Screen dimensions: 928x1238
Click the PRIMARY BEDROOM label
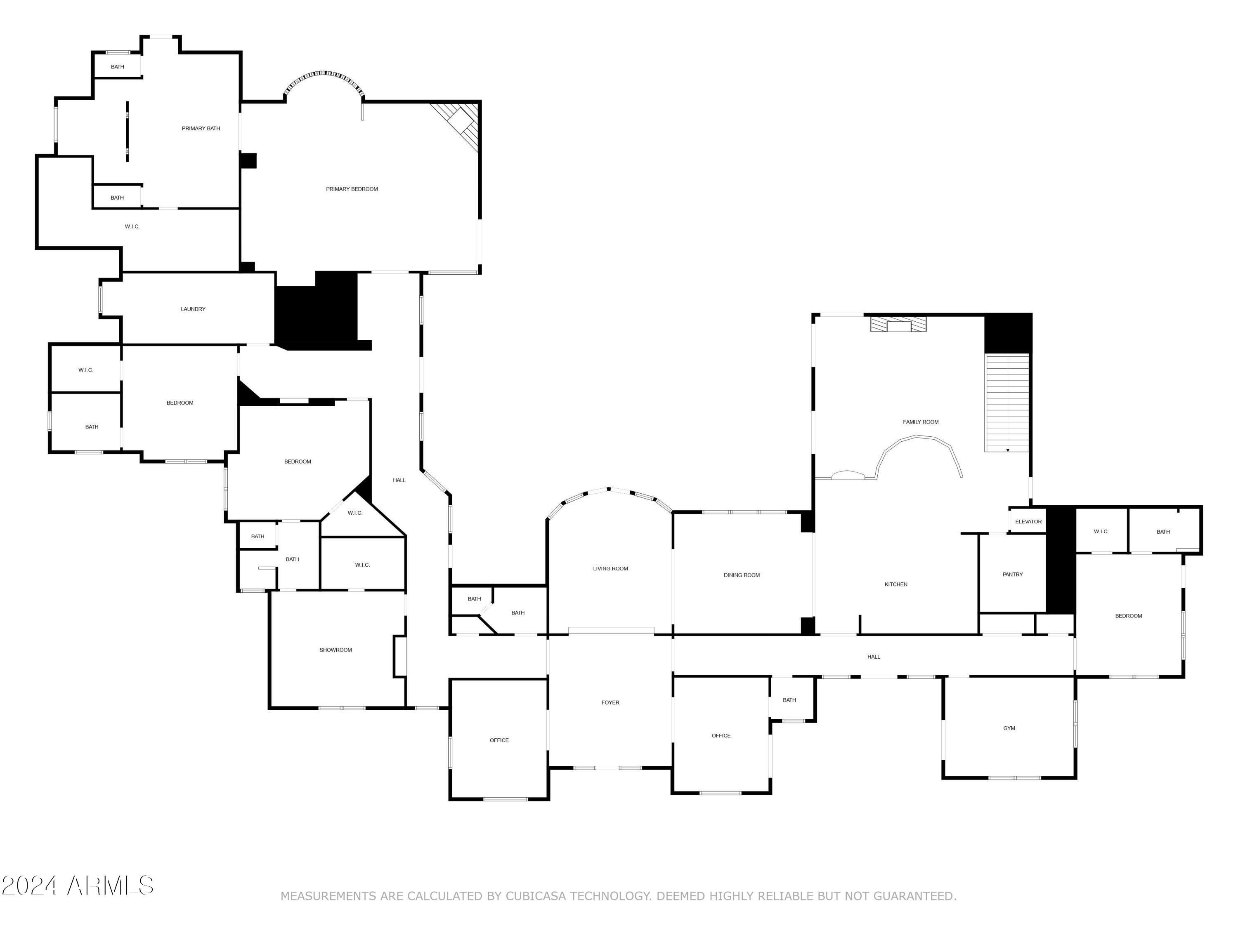click(x=352, y=189)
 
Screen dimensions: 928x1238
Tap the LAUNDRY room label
click(x=193, y=309)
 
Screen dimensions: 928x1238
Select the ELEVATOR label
click(x=1028, y=522)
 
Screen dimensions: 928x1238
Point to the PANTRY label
click(x=1012, y=575)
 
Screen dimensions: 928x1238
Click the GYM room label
click(x=1009, y=728)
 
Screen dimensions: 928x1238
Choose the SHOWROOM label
click(x=336, y=650)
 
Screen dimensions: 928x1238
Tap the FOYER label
click(x=610, y=702)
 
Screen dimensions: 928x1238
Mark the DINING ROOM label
click(x=742, y=575)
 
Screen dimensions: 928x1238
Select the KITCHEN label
click(x=895, y=584)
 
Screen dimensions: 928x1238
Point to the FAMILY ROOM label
click(x=921, y=422)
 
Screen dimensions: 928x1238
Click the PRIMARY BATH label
click(x=201, y=129)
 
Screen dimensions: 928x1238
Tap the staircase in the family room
click(x=1007, y=403)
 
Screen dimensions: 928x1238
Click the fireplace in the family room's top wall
click(x=898, y=325)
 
